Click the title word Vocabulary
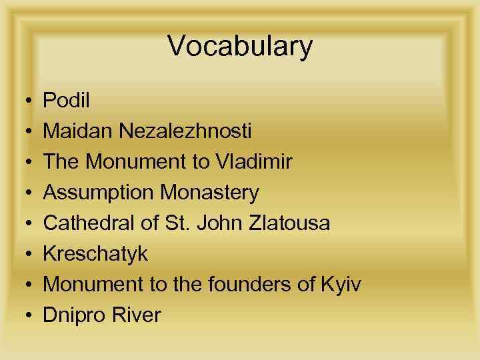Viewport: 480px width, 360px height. tap(240, 47)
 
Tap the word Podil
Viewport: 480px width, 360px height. tap(66, 100)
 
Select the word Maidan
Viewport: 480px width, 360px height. tap(79, 131)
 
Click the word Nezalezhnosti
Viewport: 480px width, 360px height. tap(186, 131)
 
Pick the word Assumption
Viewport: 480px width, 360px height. tap(98, 193)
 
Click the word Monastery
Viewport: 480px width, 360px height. tap(209, 193)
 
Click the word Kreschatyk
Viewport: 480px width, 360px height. tap(95, 254)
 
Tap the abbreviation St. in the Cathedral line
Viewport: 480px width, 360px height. tap(180, 223)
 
